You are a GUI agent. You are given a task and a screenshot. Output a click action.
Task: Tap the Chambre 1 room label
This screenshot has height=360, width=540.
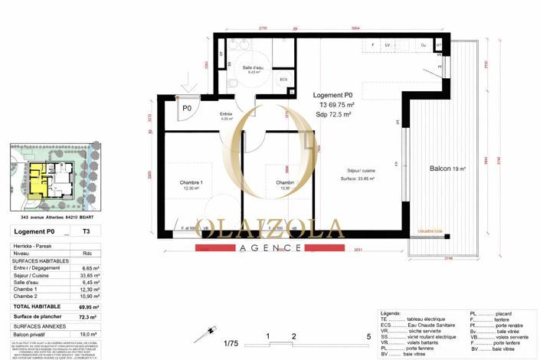191,184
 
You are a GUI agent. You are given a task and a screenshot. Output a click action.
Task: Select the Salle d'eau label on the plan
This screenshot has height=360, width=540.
254,68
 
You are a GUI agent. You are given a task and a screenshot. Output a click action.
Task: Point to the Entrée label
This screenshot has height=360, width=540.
226,115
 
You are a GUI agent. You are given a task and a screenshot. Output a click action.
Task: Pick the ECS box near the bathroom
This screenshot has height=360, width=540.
283,80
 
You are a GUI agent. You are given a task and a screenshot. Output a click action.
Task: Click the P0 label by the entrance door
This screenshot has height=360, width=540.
186,109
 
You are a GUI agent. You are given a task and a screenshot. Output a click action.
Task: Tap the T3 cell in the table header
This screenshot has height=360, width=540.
86,231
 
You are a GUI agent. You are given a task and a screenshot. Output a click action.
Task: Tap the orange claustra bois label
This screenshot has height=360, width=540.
440,230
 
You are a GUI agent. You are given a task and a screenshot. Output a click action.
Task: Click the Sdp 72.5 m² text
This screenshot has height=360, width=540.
333,113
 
